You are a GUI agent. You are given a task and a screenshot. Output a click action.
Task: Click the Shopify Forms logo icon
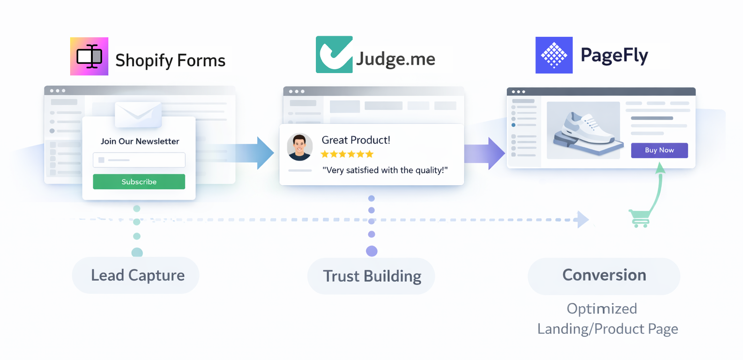tap(89, 56)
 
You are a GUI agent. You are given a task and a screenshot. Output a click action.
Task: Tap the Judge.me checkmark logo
tap(334, 55)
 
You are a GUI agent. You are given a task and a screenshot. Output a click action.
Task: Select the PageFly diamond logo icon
tap(554, 55)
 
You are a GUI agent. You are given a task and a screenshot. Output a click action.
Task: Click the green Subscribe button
tap(139, 182)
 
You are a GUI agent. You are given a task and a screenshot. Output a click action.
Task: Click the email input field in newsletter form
tap(139, 160)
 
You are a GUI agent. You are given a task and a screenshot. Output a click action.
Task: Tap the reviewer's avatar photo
tap(299, 147)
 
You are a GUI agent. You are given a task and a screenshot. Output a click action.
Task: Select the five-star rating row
tap(347, 154)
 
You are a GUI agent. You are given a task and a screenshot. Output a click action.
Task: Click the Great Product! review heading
tap(356, 140)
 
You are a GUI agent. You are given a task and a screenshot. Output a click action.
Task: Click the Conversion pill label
tap(604, 275)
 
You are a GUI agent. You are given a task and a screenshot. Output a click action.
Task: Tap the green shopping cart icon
tap(639, 218)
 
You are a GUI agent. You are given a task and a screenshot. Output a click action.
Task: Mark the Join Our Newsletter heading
tap(140, 141)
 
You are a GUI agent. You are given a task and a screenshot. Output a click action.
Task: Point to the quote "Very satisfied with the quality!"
tap(385, 170)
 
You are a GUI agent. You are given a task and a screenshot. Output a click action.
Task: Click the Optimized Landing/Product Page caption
tap(608, 319)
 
